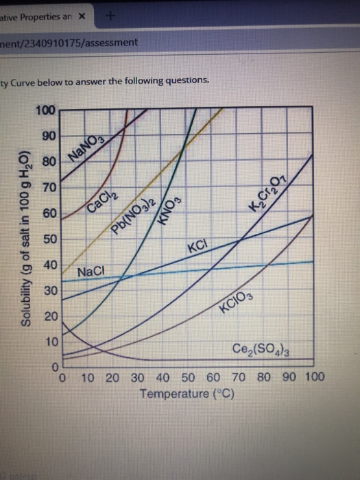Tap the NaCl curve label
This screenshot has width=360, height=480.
(91, 272)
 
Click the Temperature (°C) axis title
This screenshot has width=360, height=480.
(187, 394)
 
